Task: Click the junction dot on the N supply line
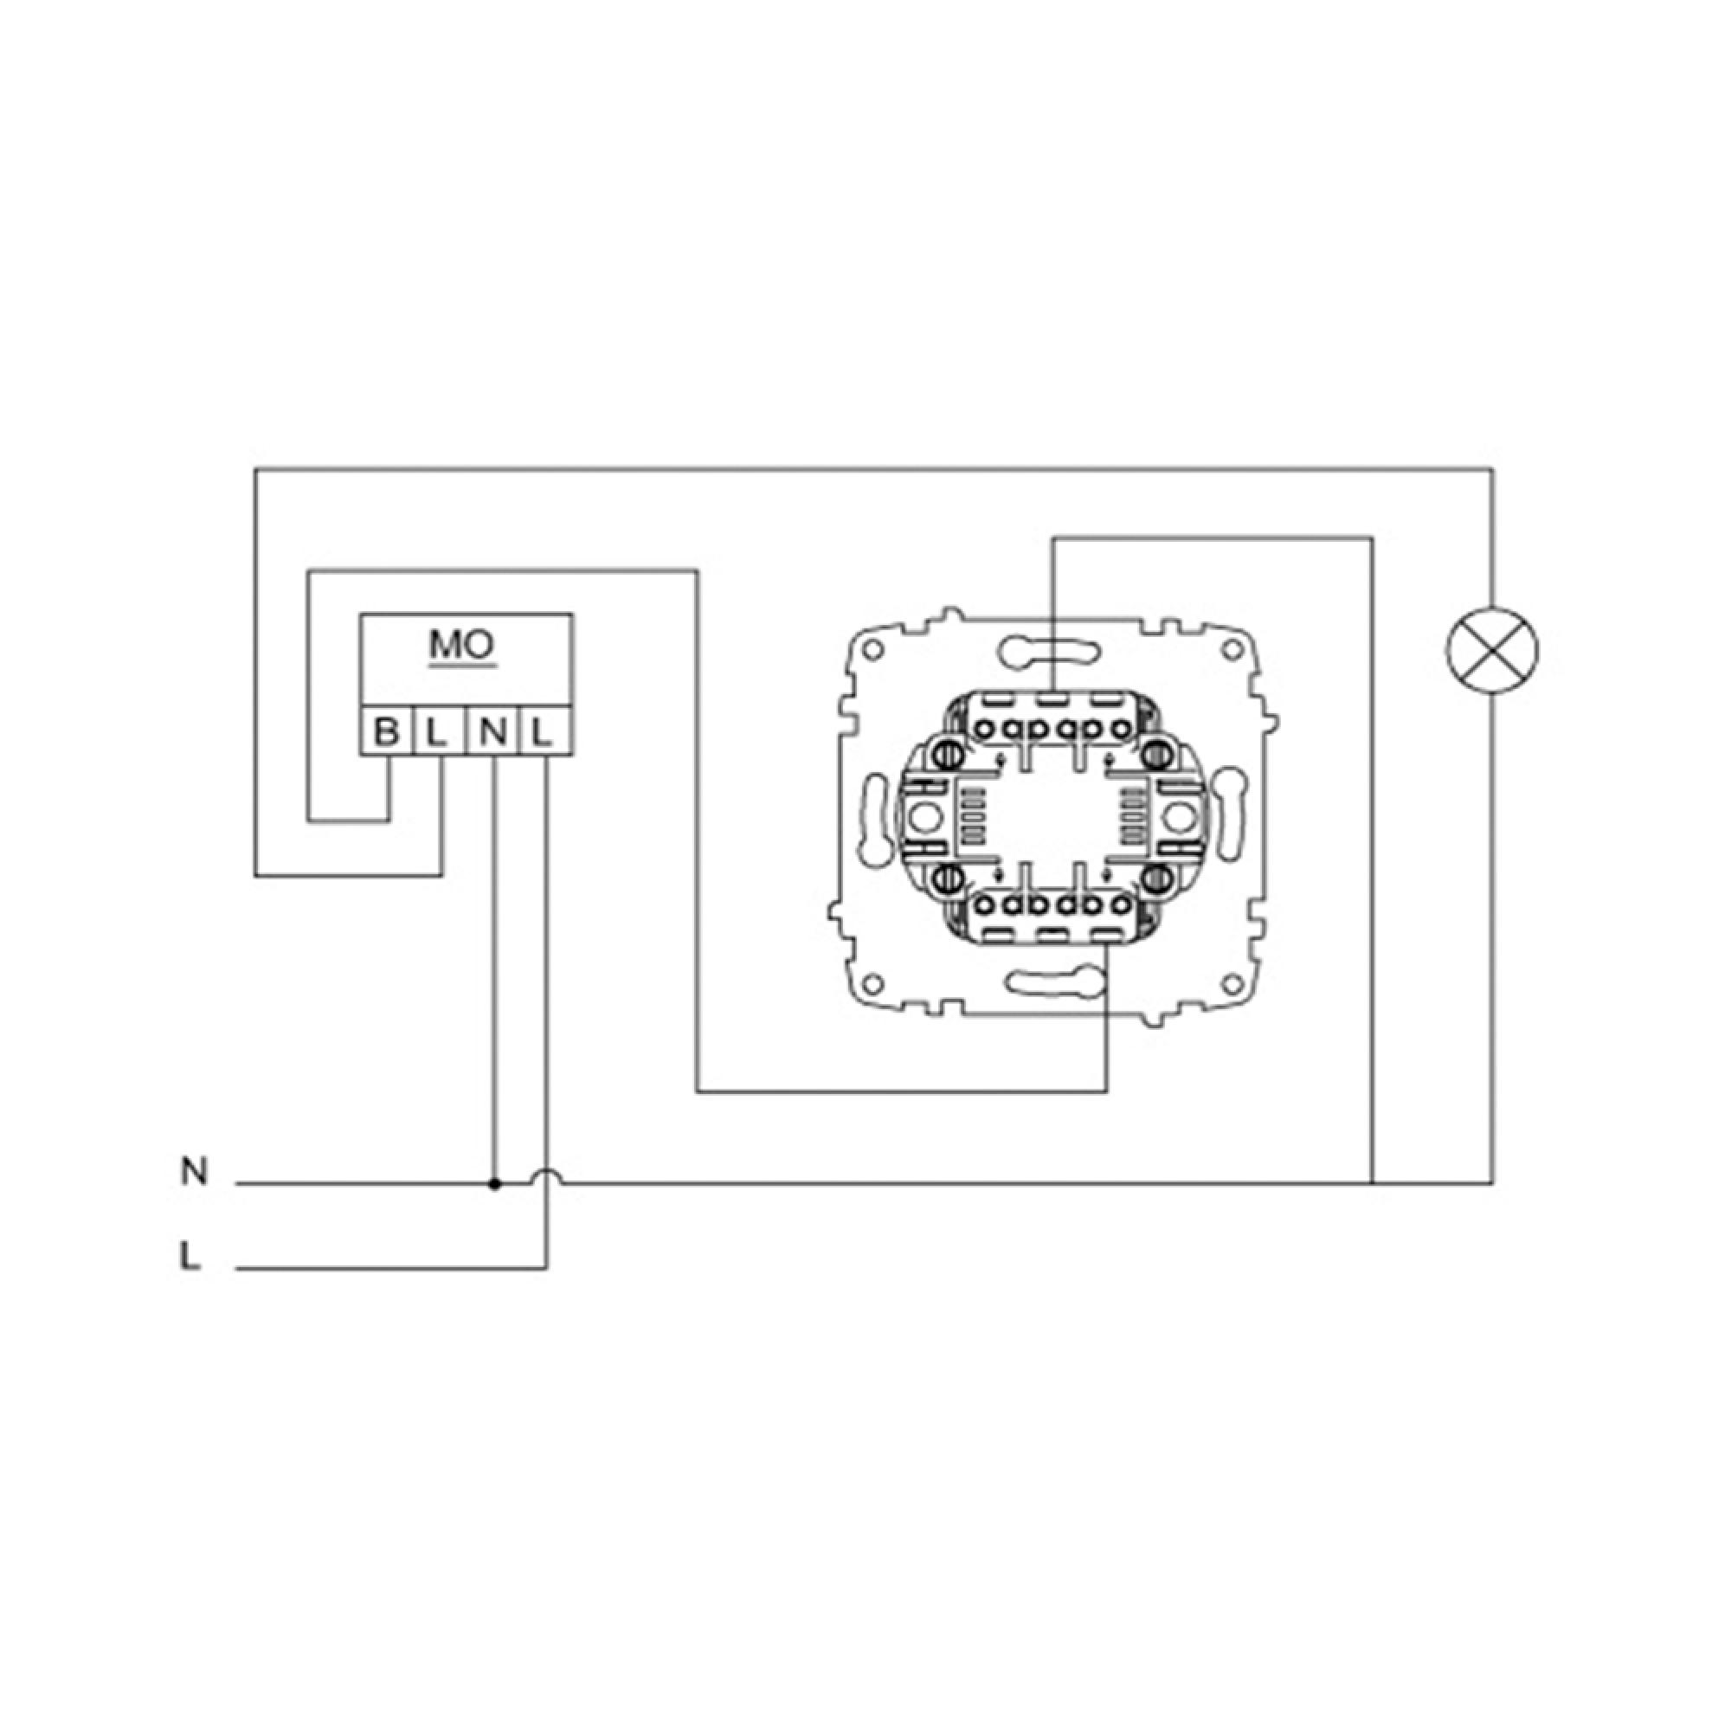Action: [493, 1183]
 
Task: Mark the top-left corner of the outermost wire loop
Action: [255, 467]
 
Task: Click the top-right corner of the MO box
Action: [572, 615]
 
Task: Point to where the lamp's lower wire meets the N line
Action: [1492, 1183]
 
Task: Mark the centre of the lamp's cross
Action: [1492, 651]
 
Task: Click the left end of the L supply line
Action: [235, 1269]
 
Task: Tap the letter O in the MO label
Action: [479, 644]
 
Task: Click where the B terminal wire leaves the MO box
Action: [388, 756]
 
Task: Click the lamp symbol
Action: [1492, 651]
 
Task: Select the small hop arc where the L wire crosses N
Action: [546, 1176]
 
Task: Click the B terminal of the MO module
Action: [386, 731]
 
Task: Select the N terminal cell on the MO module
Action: [492, 731]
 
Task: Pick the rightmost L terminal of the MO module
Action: [544, 731]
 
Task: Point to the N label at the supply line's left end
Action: [194, 1171]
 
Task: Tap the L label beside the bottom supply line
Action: [190, 1256]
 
